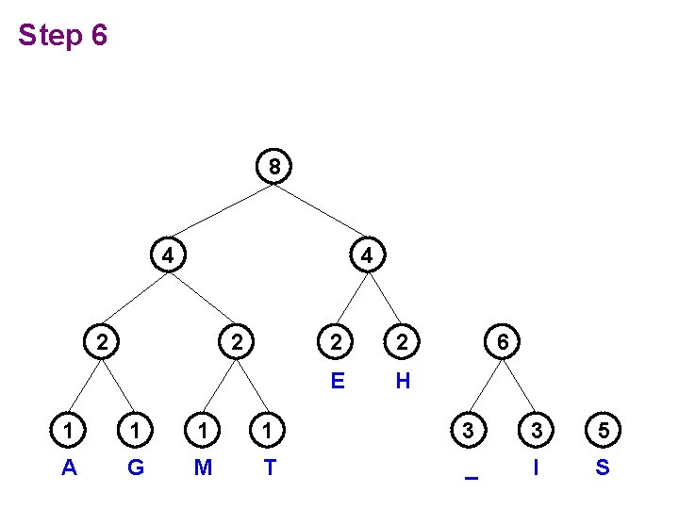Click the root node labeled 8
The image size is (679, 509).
[x=273, y=168]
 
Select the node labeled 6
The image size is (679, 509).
[x=504, y=343]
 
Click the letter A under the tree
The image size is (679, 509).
[x=69, y=467]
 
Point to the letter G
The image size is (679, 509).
[x=136, y=467]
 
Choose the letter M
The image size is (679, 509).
[x=203, y=467]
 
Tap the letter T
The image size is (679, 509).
[x=270, y=467]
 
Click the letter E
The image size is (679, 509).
[x=336, y=382]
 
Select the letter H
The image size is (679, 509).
[x=403, y=382]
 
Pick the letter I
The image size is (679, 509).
[x=537, y=467]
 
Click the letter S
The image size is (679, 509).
[x=603, y=467]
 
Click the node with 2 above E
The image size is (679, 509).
[x=336, y=343]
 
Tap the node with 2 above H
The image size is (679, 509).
[x=403, y=343]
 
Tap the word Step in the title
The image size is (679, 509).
[x=51, y=36]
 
